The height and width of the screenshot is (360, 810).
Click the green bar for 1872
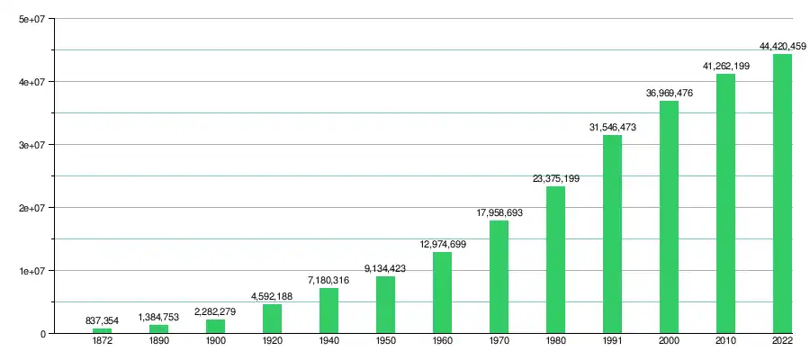(x=102, y=330)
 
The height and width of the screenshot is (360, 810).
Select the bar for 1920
(x=272, y=319)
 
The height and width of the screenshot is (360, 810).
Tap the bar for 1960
(x=442, y=292)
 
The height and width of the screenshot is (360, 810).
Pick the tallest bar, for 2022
(x=782, y=193)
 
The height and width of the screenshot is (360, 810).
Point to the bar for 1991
(x=612, y=234)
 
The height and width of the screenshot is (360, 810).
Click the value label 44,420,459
(x=782, y=45)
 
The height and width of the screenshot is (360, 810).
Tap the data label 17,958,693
(x=499, y=212)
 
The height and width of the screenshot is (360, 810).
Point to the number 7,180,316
(x=328, y=280)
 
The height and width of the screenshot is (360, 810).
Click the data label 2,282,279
(x=215, y=311)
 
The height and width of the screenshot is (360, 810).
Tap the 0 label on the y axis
(x=42, y=334)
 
